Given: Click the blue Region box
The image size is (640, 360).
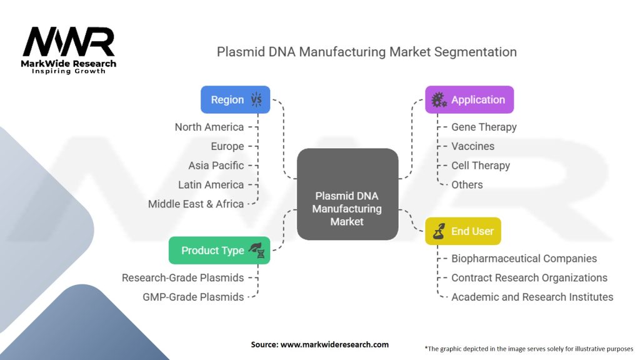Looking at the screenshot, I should [x=235, y=99].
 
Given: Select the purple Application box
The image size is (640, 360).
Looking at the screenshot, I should [x=469, y=99].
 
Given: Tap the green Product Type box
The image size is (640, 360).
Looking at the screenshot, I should [x=219, y=250].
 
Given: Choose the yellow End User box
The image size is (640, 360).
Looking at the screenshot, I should [x=463, y=231].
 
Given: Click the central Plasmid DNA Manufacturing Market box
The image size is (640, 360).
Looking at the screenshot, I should [x=347, y=194].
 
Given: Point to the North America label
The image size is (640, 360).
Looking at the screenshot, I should [x=209, y=127].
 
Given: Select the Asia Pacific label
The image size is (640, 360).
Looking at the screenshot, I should [x=216, y=166].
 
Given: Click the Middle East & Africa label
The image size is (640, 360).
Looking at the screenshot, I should [x=196, y=204].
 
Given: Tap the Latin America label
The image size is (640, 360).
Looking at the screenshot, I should [x=211, y=185].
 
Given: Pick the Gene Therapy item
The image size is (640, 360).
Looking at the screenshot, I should [x=484, y=127].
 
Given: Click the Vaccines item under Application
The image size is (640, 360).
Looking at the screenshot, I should [x=472, y=146].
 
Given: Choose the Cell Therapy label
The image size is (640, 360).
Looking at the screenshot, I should [x=481, y=166].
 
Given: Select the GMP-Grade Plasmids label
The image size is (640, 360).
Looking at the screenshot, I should [x=193, y=297].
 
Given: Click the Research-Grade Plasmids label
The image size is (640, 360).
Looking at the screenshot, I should [x=182, y=277].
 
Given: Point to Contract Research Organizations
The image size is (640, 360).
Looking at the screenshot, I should [x=529, y=277].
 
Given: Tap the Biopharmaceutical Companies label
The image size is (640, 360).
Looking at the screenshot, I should [x=524, y=258].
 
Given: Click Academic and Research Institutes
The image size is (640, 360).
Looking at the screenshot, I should [x=532, y=297].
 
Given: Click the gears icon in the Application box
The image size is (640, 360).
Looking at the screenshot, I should [x=439, y=100].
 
